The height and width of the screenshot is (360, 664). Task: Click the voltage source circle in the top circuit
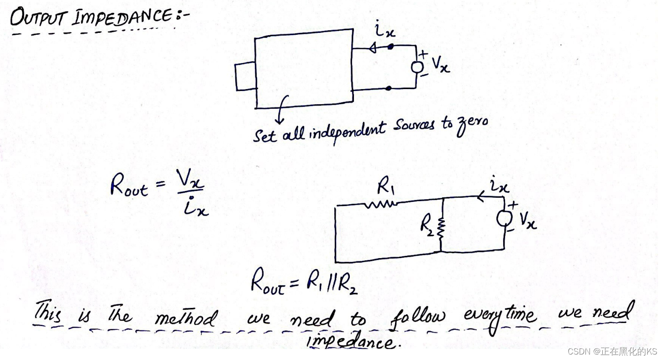click(x=416, y=67)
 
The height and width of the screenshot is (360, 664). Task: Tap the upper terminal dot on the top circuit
click(x=390, y=47)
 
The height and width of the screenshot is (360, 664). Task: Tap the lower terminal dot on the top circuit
click(x=388, y=88)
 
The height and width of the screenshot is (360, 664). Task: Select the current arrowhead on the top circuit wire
click(x=373, y=48)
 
